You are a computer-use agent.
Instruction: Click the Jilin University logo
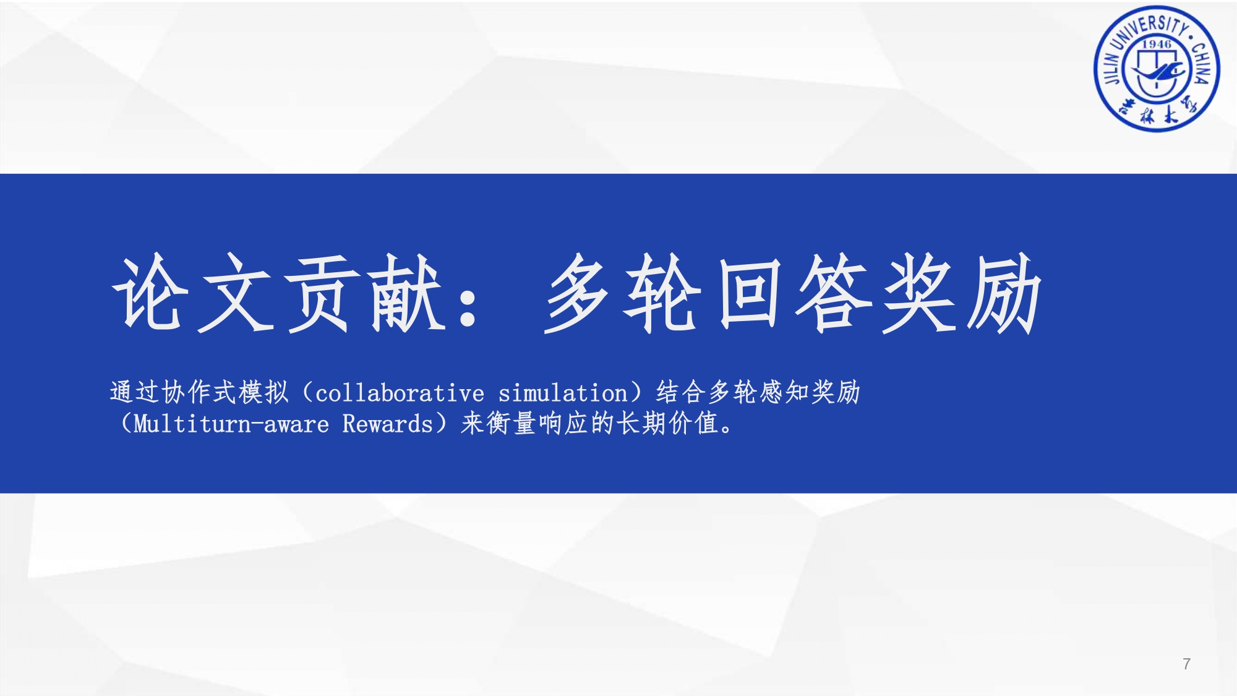tap(1157, 69)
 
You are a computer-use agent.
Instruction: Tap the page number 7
tap(1186, 664)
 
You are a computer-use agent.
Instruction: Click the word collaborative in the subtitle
tap(400, 393)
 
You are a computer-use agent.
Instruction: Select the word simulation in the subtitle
tap(563, 393)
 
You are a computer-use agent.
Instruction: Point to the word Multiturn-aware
tap(231, 424)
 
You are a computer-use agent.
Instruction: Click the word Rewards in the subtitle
tap(388, 424)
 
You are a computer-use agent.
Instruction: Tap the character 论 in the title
tap(148, 292)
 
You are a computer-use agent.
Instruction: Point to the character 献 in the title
tap(408, 292)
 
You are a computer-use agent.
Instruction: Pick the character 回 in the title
tap(748, 292)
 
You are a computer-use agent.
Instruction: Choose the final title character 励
tap(1005, 292)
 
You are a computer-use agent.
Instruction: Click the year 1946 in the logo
tap(1157, 44)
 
